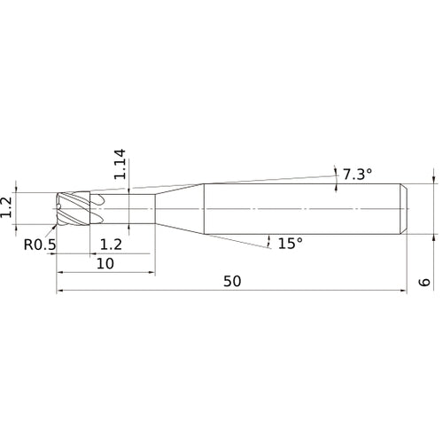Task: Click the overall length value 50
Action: (232, 281)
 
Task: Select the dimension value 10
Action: (105, 263)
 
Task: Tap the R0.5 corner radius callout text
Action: (40, 245)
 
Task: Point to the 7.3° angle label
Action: (357, 175)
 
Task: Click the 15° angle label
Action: (291, 244)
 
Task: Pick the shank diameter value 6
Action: (424, 282)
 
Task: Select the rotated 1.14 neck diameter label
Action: (120, 164)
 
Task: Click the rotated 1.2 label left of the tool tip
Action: (6, 207)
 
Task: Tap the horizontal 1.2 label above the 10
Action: (111, 245)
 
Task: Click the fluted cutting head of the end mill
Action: (74, 209)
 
